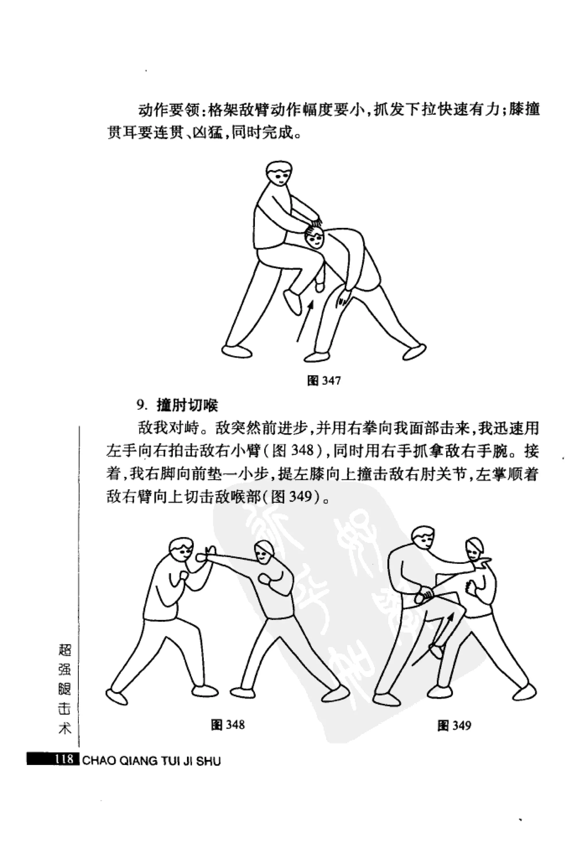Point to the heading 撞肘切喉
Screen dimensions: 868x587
point(187,406)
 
